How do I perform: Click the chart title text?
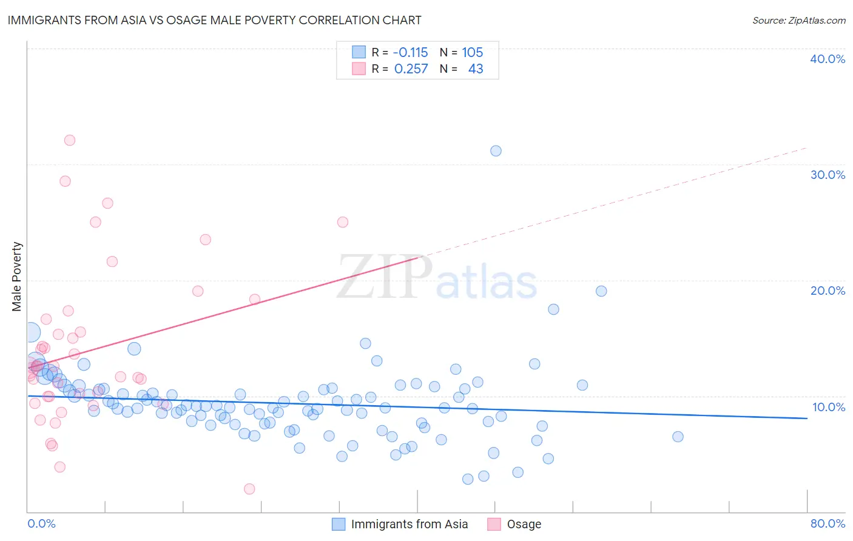click(214, 20)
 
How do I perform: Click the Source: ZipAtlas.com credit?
click(798, 21)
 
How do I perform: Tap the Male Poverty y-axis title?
click(17, 277)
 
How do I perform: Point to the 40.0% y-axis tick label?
click(828, 59)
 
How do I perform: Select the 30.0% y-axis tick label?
click(828, 175)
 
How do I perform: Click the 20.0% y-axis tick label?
click(828, 291)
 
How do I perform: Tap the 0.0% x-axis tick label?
click(41, 523)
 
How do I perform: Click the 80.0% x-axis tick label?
click(828, 523)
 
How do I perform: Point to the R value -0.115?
click(411, 53)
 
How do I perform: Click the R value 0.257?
click(411, 69)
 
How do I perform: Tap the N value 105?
click(472, 53)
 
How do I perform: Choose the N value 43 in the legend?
click(476, 69)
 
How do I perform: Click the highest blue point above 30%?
click(496, 151)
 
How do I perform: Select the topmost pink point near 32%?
click(70, 140)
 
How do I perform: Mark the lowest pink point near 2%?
click(249, 489)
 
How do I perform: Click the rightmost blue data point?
click(678, 437)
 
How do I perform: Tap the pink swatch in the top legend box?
click(359, 69)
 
